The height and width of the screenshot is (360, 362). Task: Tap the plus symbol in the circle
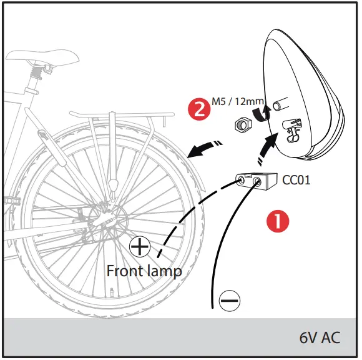coord(140,247)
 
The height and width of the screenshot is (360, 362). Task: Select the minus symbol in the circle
coord(229,301)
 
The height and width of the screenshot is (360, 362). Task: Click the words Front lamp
coord(144,271)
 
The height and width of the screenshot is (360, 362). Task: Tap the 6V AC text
coord(320,337)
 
